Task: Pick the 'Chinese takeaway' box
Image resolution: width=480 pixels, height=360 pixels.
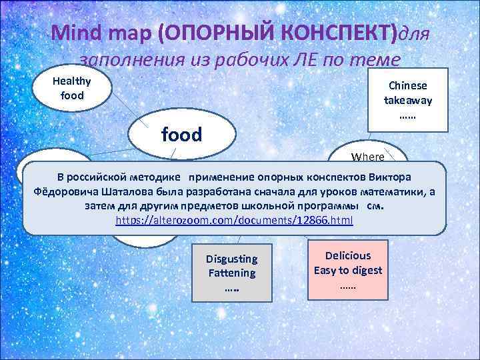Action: [407, 101]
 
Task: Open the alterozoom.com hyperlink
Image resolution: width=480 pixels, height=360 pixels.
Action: [234, 219]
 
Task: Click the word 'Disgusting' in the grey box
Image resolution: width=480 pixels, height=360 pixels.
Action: [231, 259]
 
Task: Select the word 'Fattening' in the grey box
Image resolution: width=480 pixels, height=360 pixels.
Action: [231, 273]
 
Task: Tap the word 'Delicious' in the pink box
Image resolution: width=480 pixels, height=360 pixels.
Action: [347, 255]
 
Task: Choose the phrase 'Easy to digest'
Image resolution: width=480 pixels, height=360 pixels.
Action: [347, 269]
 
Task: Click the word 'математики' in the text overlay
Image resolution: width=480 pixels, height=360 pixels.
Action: [393, 191]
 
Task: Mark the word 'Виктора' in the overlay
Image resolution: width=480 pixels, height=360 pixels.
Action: [391, 177]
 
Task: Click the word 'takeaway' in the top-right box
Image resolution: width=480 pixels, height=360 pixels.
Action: [407, 100]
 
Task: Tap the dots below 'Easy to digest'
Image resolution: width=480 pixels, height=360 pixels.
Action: [347, 285]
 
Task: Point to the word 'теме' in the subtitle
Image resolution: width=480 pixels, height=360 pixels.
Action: [377, 61]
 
